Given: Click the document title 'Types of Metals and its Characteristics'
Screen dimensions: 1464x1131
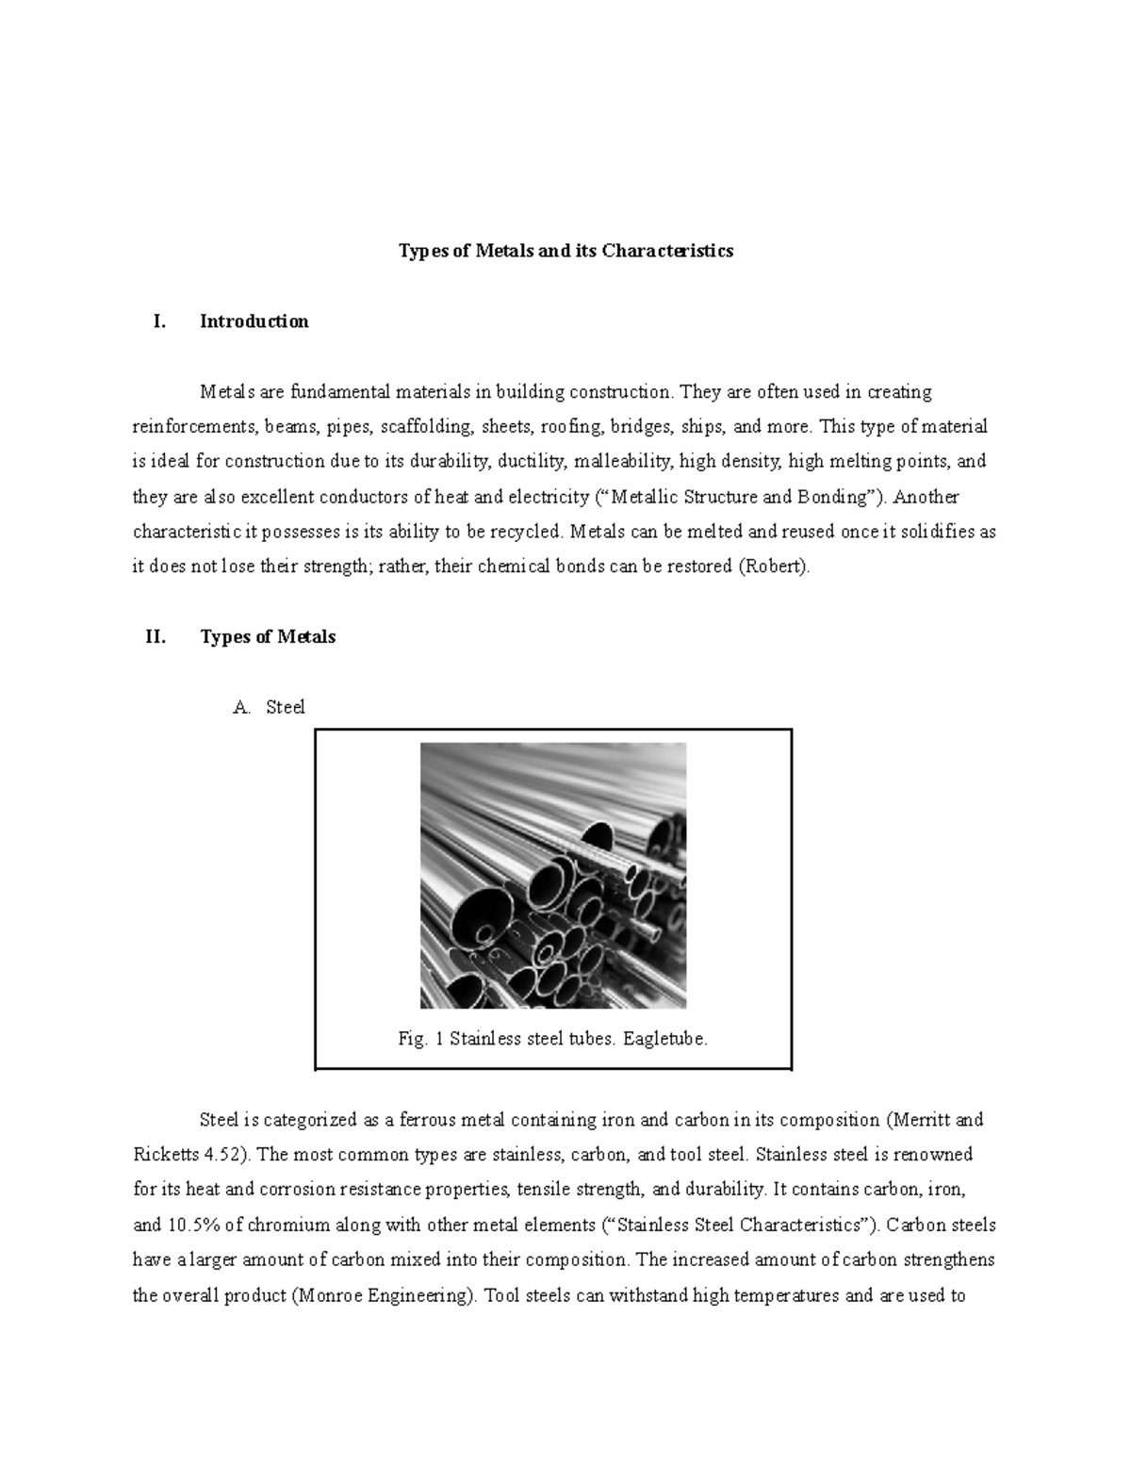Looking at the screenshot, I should point(565,251).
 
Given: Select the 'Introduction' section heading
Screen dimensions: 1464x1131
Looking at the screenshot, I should point(254,321).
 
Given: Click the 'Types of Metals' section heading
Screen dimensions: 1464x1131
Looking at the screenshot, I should point(268,637).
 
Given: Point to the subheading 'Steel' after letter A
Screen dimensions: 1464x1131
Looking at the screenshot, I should point(286,707).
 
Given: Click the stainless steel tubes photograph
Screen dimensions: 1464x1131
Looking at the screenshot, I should point(552,876).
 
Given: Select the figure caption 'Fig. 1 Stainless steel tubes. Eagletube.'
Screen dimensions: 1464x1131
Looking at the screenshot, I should point(552,1039).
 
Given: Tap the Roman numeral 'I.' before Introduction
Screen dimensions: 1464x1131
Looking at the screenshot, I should point(158,321).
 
